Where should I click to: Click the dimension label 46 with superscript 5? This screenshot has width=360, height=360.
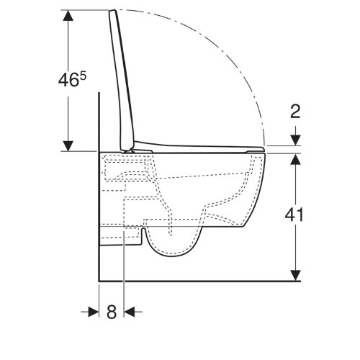coord(72,79)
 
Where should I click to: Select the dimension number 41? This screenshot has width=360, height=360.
coord(294,215)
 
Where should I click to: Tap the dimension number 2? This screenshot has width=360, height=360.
coord(295,112)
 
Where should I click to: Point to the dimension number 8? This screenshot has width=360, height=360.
coord(112,312)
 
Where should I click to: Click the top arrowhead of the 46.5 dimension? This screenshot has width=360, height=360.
coord(68,15)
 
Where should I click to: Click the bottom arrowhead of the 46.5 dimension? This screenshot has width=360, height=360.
coord(68,146)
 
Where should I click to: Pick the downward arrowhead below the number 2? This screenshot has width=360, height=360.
coord(295,140)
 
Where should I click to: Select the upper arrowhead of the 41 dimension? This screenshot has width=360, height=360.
coord(295,159)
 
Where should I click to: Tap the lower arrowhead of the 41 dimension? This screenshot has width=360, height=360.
coord(295,275)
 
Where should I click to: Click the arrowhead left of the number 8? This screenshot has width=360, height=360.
coord(94,312)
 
